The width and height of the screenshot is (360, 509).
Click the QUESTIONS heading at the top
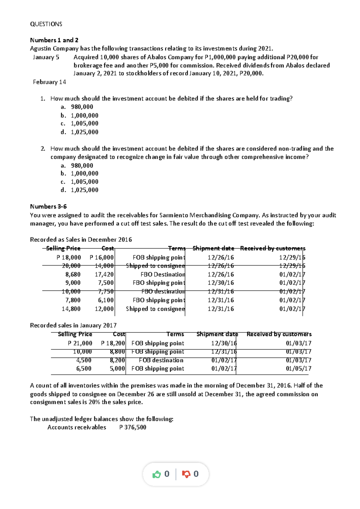tap(46, 24)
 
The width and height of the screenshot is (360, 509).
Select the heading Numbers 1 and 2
tap(54, 40)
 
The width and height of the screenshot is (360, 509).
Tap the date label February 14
tap(49, 82)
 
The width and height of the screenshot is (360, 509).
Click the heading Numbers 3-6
tap(48, 207)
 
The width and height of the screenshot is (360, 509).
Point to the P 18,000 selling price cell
tap(69, 257)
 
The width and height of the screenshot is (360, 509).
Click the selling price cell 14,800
tap(71, 309)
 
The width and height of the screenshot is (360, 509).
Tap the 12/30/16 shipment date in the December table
tap(220, 283)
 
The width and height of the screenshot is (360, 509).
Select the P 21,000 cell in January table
tap(80, 343)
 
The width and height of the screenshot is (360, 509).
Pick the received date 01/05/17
tap(298, 368)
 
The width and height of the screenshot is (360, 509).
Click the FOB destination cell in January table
tap(161, 360)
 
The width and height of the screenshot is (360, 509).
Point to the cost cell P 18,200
tap(113, 343)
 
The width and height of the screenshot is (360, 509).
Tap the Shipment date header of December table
tap(213, 248)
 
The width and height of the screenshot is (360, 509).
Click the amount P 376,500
tap(133, 427)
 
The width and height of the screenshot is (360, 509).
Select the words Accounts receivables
tap(76, 427)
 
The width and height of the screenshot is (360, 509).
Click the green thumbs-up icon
tap(157, 474)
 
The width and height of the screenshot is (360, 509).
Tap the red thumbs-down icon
tap(186, 474)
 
